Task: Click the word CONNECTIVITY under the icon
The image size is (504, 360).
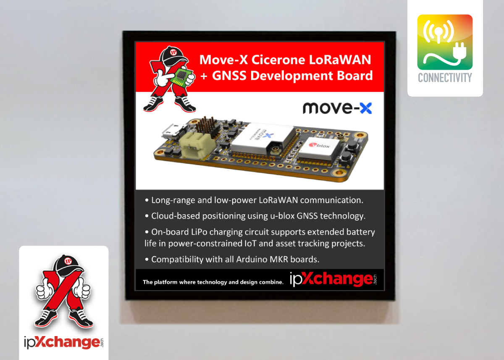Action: click(x=445, y=78)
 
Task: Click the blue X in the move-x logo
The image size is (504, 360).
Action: click(x=366, y=108)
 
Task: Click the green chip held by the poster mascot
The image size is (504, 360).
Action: click(x=181, y=77)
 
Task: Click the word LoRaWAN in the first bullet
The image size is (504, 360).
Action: click(x=278, y=200)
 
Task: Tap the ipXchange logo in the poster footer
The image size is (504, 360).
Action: click(x=333, y=279)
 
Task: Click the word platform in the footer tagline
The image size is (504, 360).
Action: click(x=165, y=282)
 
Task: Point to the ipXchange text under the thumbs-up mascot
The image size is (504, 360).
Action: click(x=64, y=342)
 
